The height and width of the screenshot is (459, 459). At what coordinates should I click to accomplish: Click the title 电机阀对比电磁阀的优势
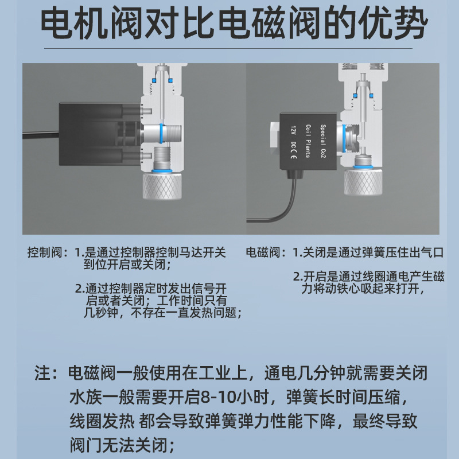[x=234, y=24]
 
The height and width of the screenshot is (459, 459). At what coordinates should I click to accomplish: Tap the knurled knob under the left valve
[x=162, y=186]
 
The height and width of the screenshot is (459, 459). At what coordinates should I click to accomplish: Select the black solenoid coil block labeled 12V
[x=308, y=142]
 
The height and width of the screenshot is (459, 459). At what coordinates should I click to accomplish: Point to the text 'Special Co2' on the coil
[x=323, y=141]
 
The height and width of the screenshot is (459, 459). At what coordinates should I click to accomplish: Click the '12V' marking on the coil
[x=294, y=131]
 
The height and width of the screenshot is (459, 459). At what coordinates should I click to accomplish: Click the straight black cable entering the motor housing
[x=41, y=135]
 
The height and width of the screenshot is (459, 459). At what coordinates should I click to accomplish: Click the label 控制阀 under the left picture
[x=45, y=252]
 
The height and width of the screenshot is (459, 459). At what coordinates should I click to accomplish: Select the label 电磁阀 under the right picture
[x=263, y=252]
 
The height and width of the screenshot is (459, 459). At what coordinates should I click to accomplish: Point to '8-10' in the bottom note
[x=219, y=397]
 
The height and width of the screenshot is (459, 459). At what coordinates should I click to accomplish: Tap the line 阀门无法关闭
[x=122, y=445]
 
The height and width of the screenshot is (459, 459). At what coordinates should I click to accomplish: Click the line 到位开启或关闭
[x=127, y=264]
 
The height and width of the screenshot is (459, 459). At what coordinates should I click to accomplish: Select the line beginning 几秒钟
[x=163, y=313]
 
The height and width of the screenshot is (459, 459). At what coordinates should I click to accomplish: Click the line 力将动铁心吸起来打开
[x=363, y=289]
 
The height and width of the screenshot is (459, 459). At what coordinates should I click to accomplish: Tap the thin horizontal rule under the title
[x=228, y=48]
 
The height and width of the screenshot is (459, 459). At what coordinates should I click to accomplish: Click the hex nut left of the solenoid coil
[x=275, y=138]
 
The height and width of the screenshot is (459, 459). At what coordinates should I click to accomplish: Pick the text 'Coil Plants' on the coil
[x=308, y=141]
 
